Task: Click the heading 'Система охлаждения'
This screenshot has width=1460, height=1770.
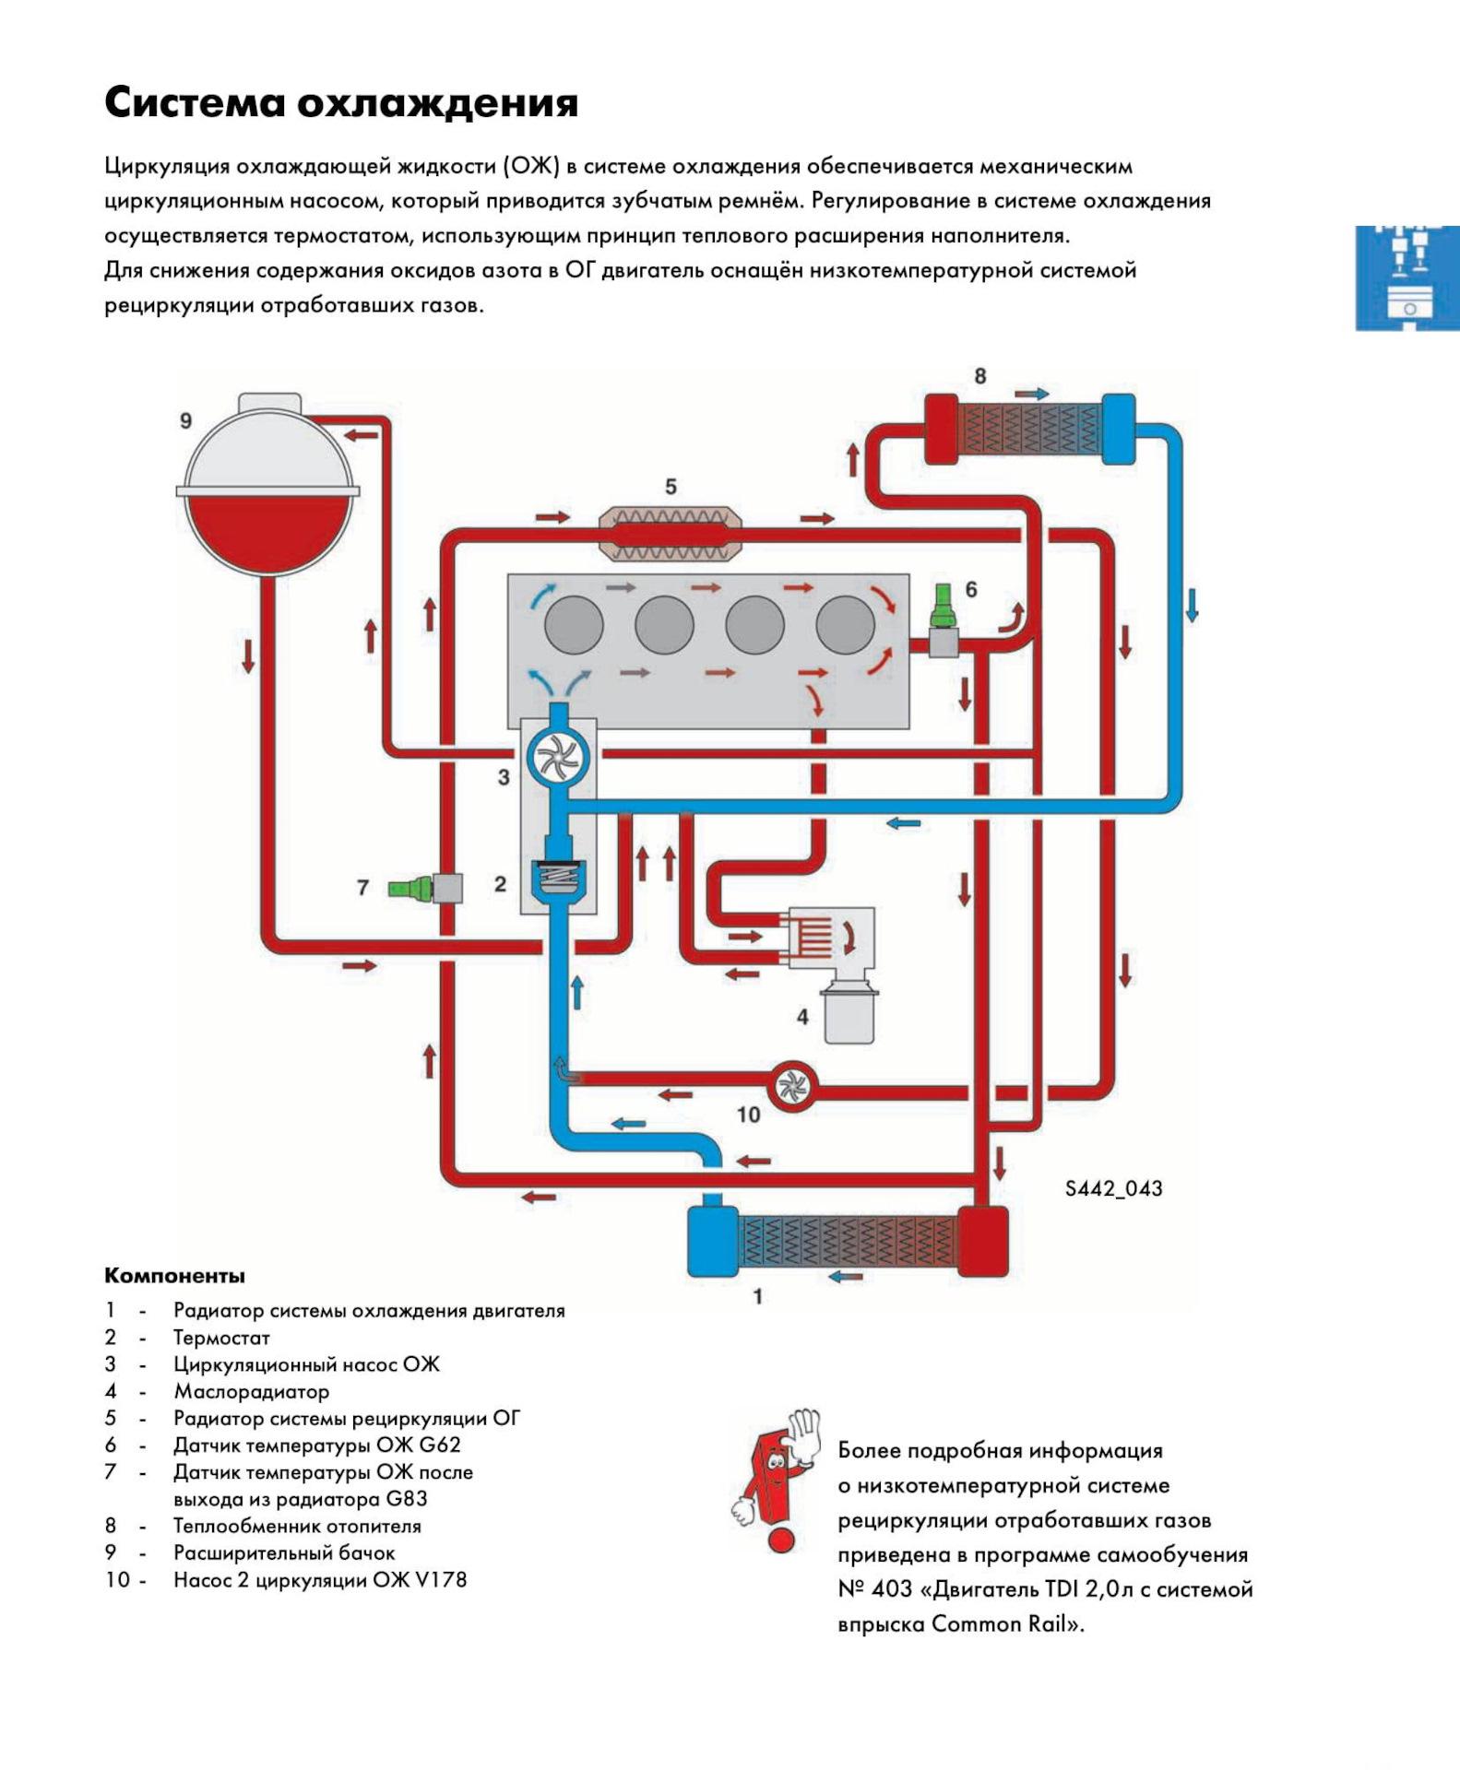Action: [340, 103]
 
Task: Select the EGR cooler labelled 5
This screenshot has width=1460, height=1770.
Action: [671, 534]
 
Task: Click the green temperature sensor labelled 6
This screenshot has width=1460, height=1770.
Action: [943, 605]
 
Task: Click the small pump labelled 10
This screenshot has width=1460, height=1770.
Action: [791, 1088]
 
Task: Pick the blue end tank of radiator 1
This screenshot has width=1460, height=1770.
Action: [713, 1240]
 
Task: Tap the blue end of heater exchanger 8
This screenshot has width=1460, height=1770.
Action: [1118, 429]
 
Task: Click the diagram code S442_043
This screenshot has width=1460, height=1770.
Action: [1113, 1188]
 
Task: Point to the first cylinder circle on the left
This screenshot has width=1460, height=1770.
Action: [574, 625]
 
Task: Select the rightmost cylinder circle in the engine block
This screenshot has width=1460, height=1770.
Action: [845, 625]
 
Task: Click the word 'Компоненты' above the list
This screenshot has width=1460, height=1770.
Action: [174, 1276]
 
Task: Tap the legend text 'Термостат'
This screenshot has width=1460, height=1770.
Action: [221, 1338]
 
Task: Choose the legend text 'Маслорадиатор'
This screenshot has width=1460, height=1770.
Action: [251, 1392]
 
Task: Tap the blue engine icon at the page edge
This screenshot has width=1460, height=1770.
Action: [1407, 277]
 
